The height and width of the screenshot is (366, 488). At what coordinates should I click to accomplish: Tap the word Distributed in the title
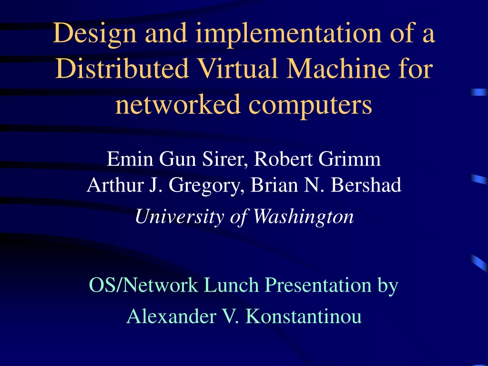[x=122, y=68]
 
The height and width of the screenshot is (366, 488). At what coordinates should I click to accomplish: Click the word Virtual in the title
[x=238, y=68]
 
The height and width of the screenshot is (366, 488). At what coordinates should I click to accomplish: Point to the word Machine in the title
[x=338, y=68]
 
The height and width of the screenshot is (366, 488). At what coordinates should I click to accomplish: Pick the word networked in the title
[x=178, y=104]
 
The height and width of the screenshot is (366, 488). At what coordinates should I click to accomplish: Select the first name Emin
[x=130, y=159]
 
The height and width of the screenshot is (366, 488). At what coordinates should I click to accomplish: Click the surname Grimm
[x=349, y=159]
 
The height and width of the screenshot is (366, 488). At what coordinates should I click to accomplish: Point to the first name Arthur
[x=115, y=185]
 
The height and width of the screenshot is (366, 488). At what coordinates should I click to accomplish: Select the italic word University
[x=179, y=217]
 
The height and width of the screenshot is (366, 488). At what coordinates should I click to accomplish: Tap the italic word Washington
[x=304, y=217]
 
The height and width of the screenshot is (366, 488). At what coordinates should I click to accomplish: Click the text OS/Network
[x=143, y=285]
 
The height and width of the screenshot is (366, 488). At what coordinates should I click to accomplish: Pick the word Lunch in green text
[x=232, y=285]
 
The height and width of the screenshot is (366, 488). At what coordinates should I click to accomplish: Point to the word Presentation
[x=318, y=285]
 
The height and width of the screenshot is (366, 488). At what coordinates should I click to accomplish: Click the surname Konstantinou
[x=304, y=316]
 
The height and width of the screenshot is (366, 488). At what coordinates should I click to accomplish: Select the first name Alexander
[x=171, y=316]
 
